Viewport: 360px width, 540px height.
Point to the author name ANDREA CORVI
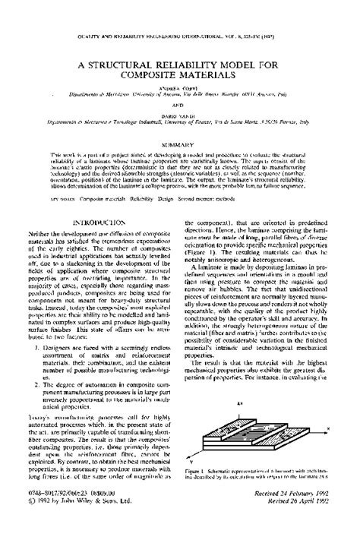pos(180,88)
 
